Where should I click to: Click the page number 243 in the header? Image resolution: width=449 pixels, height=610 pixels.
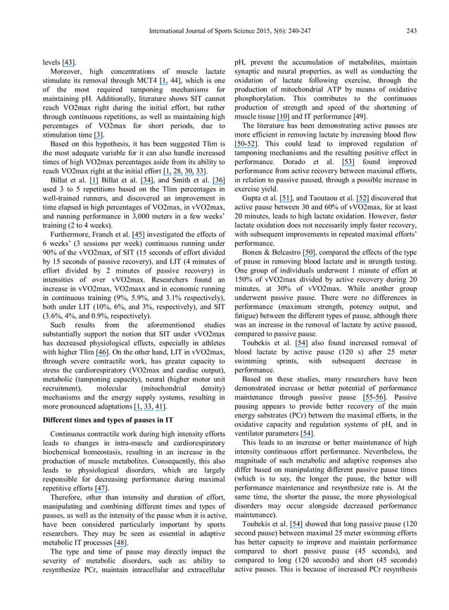[411, 30]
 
